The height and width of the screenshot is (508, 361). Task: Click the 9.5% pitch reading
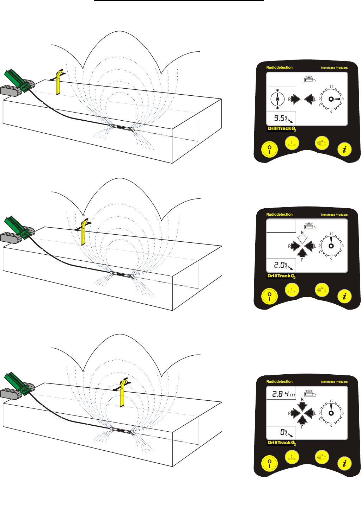(281, 119)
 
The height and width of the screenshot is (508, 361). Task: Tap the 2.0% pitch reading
(281, 265)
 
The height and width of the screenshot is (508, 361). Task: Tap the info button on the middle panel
(344, 296)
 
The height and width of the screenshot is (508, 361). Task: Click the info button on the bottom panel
(344, 463)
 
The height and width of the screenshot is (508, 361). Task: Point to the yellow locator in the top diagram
(58, 82)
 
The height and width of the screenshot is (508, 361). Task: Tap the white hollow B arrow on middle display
(302, 240)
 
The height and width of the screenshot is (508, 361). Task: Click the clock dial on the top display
(331, 99)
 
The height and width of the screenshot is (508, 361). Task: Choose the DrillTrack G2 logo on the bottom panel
(281, 443)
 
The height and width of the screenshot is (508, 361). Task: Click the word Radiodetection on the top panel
(279, 68)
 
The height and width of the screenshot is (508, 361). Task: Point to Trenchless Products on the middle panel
(334, 215)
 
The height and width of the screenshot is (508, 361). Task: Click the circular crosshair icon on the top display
(277, 99)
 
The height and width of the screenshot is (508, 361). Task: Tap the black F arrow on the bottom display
(302, 420)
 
